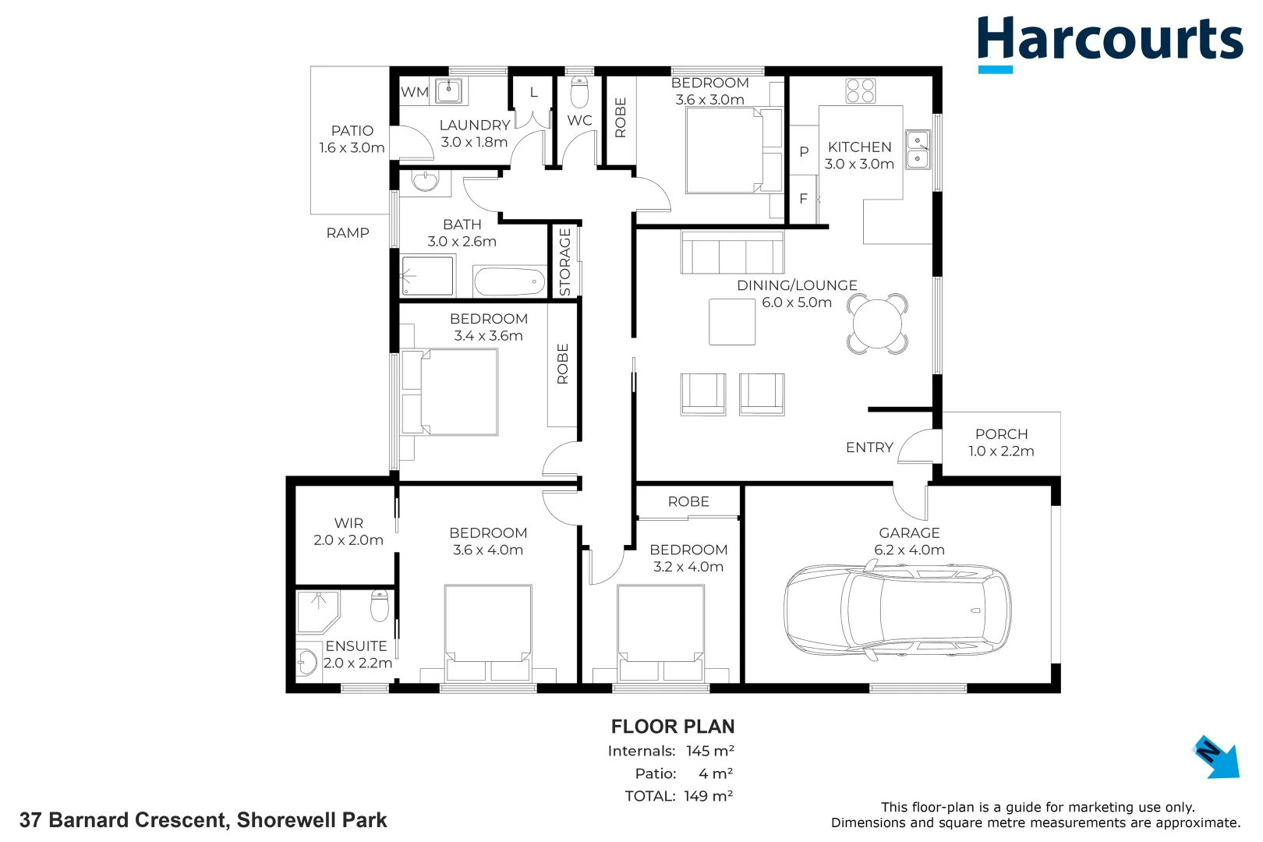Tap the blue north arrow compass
coord(1216,756)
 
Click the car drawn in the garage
coord(897,609)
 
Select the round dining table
coord(878,324)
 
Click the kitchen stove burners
coord(860,90)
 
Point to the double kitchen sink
coord(918,150)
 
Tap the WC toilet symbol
coord(579,93)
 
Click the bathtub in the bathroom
coord(509,281)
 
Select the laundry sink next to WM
coord(449,90)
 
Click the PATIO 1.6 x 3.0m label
coord(352,139)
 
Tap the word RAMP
coord(348,232)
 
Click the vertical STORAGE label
coord(565,262)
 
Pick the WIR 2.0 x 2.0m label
coord(348,531)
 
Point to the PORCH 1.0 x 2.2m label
coord(1001,442)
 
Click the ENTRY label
coord(869,448)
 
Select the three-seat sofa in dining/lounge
coord(731,253)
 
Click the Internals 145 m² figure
coord(709,751)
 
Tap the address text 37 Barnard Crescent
coord(203,820)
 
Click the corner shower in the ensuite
coord(317,611)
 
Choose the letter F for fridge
coord(803,199)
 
